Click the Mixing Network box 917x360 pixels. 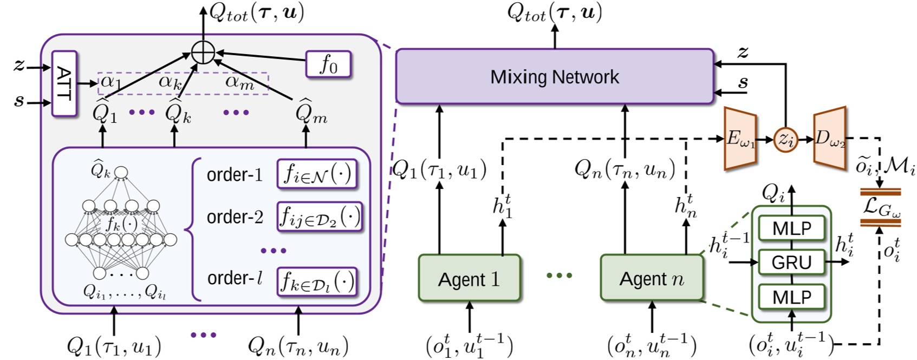(554, 76)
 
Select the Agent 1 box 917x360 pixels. (469, 278)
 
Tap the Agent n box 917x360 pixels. (651, 278)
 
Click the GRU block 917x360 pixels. (791, 262)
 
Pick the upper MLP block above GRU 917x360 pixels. (791, 228)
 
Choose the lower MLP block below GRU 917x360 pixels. (791, 297)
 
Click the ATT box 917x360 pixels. (64, 83)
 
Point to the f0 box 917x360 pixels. (328, 64)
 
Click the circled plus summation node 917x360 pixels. (203, 53)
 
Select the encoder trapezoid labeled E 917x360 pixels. (740, 139)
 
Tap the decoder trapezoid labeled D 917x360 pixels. (829, 139)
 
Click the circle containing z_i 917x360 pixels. (785, 140)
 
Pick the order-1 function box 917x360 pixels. (317, 174)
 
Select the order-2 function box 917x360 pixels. (319, 217)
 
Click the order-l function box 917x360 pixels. (317, 282)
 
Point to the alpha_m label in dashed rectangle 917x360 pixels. (239, 82)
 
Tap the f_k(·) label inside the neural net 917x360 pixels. (121, 222)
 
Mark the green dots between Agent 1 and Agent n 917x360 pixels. (559, 276)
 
